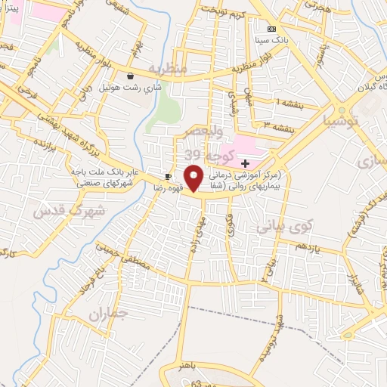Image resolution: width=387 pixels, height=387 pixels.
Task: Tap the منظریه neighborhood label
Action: [167, 69]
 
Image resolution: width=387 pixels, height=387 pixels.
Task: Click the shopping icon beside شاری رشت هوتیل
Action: [132, 76]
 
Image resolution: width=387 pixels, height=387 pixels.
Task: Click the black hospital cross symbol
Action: [245, 163]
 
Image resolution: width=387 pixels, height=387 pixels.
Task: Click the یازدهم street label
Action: [308, 247]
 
